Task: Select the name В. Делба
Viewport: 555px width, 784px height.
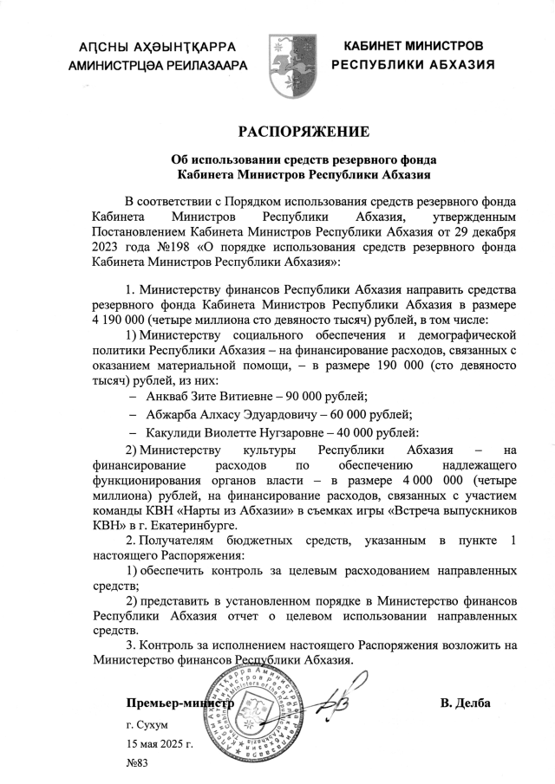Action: [x=466, y=703]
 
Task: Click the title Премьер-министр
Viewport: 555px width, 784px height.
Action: [x=180, y=703]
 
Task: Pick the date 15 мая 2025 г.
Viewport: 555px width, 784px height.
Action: [x=159, y=744]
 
